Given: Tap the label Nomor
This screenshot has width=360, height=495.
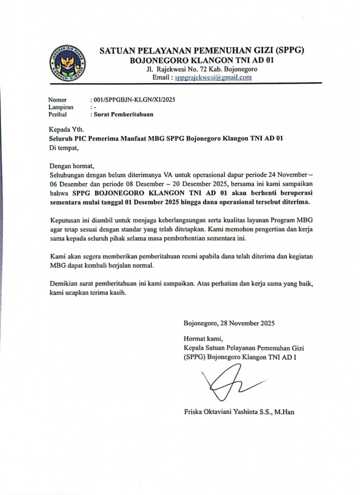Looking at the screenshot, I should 57,99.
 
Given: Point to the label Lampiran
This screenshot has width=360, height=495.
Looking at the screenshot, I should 61,107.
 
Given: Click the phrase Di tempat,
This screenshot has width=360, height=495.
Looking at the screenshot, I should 64,148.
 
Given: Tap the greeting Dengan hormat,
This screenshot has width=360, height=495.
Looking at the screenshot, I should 71,166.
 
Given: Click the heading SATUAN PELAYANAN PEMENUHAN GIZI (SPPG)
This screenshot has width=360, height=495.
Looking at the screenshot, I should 201,50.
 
